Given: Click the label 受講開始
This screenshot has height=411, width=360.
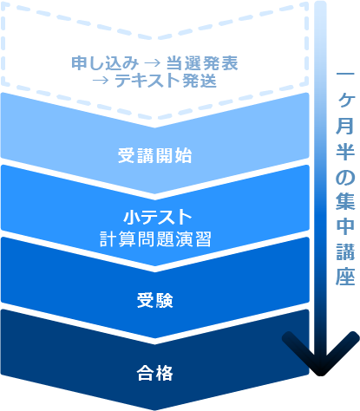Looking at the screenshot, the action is point(154,155).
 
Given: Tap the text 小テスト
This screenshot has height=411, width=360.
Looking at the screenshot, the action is point(158,217).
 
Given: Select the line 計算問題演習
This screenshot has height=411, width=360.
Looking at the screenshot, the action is point(155,239).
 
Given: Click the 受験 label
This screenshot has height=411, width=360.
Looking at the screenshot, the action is point(155,300).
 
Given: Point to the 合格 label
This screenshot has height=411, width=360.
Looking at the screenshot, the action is point(155,373).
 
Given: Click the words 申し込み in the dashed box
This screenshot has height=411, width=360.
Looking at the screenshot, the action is point(105,62).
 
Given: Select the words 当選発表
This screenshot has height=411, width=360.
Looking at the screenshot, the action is point(202,62).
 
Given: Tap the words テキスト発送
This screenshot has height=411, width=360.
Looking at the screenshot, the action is point(166,80).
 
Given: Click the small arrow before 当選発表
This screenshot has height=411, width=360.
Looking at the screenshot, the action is point(152,63).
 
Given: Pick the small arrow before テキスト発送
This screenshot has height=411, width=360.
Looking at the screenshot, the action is point(101,81).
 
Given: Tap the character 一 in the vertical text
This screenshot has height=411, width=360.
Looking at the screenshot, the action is point(345,74).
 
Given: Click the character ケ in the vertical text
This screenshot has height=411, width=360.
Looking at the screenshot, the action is point(345,101).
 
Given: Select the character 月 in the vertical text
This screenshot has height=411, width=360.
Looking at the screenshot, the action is point(345,126).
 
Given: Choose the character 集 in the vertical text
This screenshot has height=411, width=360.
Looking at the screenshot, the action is point(345,201).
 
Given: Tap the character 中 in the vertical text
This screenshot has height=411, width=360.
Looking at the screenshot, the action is point(345,226).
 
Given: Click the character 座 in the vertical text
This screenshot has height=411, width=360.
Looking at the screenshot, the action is point(345,277).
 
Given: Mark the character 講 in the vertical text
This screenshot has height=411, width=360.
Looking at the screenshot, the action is point(345,251).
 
